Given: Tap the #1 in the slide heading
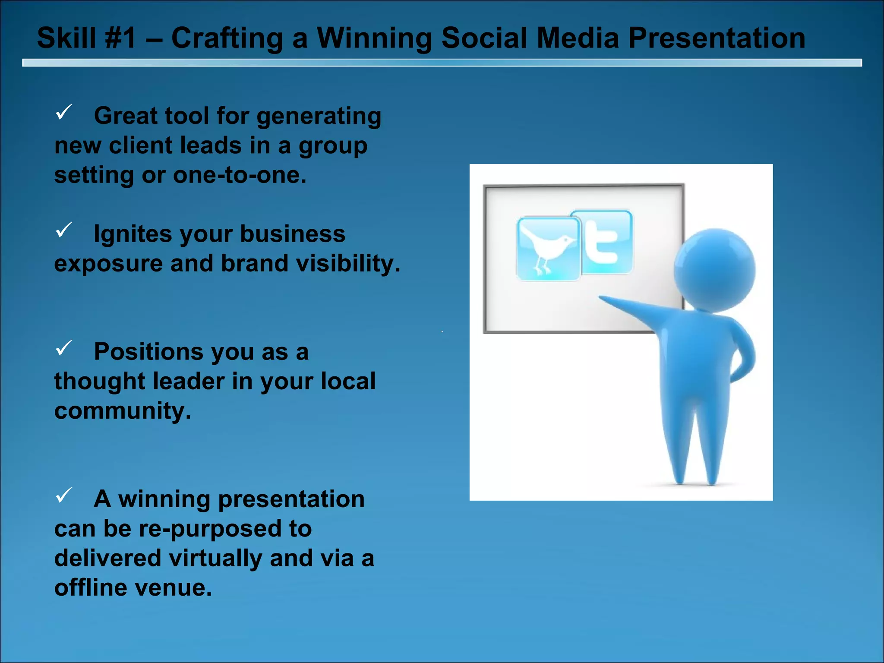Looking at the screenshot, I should pos(120,38).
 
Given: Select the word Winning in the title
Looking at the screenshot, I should pos(374,38).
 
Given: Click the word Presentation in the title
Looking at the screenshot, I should pos(717,38).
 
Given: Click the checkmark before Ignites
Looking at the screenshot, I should pos(64,230).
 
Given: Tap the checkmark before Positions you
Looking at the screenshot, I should pos(64,347).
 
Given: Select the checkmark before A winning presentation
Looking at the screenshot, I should pos(64,495).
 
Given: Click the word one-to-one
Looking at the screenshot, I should pos(240,175).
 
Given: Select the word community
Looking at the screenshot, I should pos(123,411).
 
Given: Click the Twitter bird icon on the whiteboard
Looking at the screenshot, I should pos(548,249).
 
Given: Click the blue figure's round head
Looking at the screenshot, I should pos(714,270).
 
